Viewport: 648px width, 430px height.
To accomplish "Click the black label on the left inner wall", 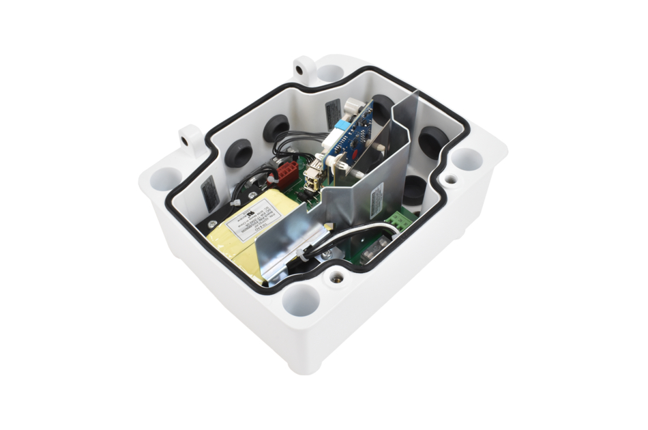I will coord(211,194).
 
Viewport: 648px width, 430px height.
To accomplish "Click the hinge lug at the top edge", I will coord(304,69).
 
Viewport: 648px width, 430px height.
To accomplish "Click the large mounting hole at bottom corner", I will coord(301,300).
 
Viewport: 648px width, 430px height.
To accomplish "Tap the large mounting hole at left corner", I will coord(164,180).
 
